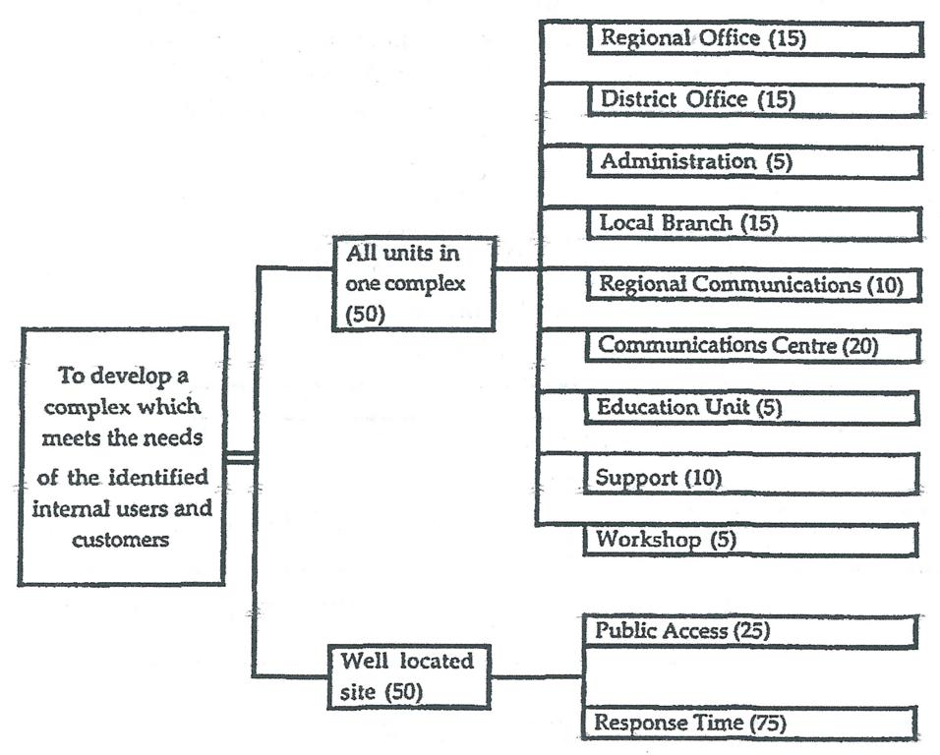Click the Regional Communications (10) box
click(x=753, y=285)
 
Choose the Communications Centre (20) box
click(x=753, y=346)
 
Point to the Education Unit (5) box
click(x=753, y=407)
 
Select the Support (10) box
click(x=753, y=479)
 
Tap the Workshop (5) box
click(x=753, y=540)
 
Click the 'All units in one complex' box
click(x=413, y=284)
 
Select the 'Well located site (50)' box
click(x=411, y=676)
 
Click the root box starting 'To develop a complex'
click(x=123, y=456)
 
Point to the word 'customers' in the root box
click(x=122, y=540)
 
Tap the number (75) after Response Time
click(x=767, y=724)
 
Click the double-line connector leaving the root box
click(x=242, y=457)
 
